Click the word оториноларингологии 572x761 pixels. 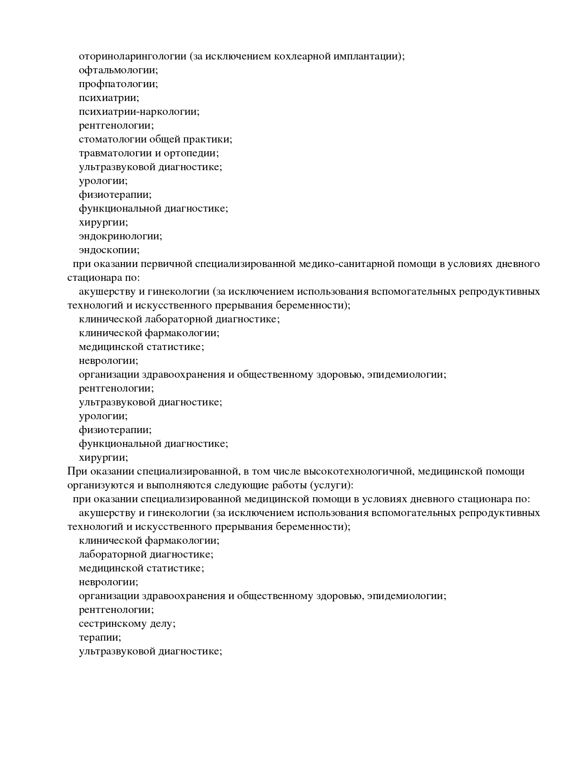click(x=133, y=56)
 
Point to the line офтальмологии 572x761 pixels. click(x=118, y=70)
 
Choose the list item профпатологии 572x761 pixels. click(x=118, y=84)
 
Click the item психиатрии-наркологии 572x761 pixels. click(x=139, y=112)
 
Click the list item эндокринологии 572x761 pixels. click(x=120, y=236)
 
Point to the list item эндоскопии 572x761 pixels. click(x=109, y=250)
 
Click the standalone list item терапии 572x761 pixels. click(x=100, y=637)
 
